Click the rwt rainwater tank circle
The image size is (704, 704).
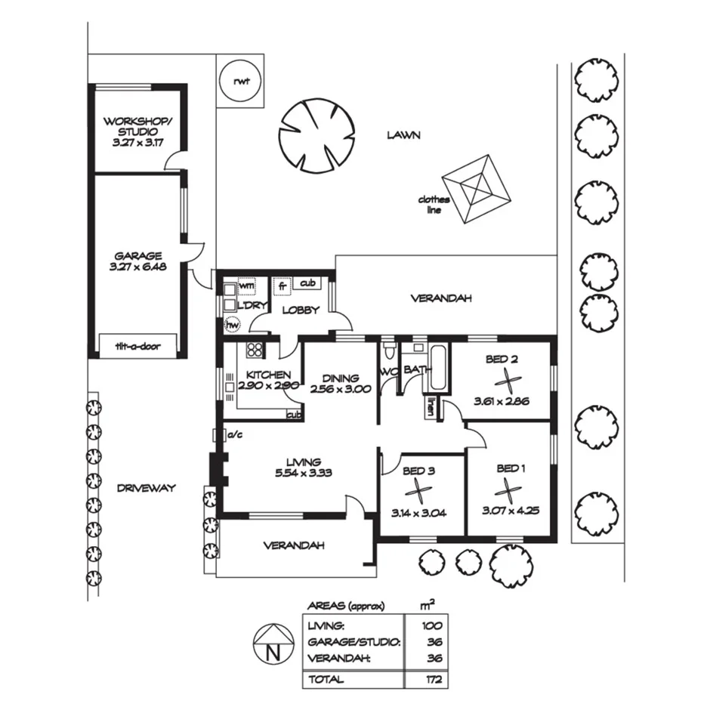click(240, 79)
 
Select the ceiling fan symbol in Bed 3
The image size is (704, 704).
click(421, 492)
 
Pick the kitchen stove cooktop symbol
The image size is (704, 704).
click(254, 350)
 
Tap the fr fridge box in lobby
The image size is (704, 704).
click(281, 286)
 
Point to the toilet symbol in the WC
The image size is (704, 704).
click(389, 351)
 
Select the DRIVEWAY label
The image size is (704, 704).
click(146, 488)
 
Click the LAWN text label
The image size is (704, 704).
click(403, 135)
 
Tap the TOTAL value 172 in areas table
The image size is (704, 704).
click(433, 680)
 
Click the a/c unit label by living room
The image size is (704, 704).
click(233, 434)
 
